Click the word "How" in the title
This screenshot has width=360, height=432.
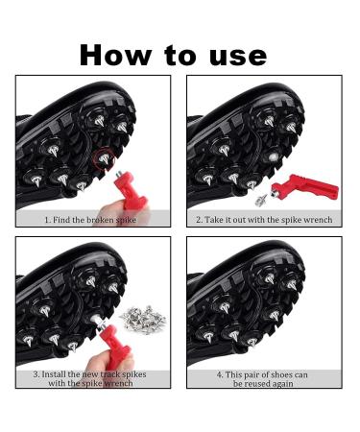(116, 56)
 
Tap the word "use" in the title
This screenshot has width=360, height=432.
(238, 58)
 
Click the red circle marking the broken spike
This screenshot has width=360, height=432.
(104, 158)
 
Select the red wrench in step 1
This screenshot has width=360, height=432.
(131, 190)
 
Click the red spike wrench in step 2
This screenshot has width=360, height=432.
(304, 187)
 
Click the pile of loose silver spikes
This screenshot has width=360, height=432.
(143, 319)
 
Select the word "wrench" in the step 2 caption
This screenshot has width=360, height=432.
(318, 220)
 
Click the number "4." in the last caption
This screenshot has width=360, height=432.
(220, 374)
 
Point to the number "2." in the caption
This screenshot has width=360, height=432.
(200, 220)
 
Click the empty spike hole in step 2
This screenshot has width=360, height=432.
(273, 156)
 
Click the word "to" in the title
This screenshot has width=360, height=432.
(180, 56)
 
